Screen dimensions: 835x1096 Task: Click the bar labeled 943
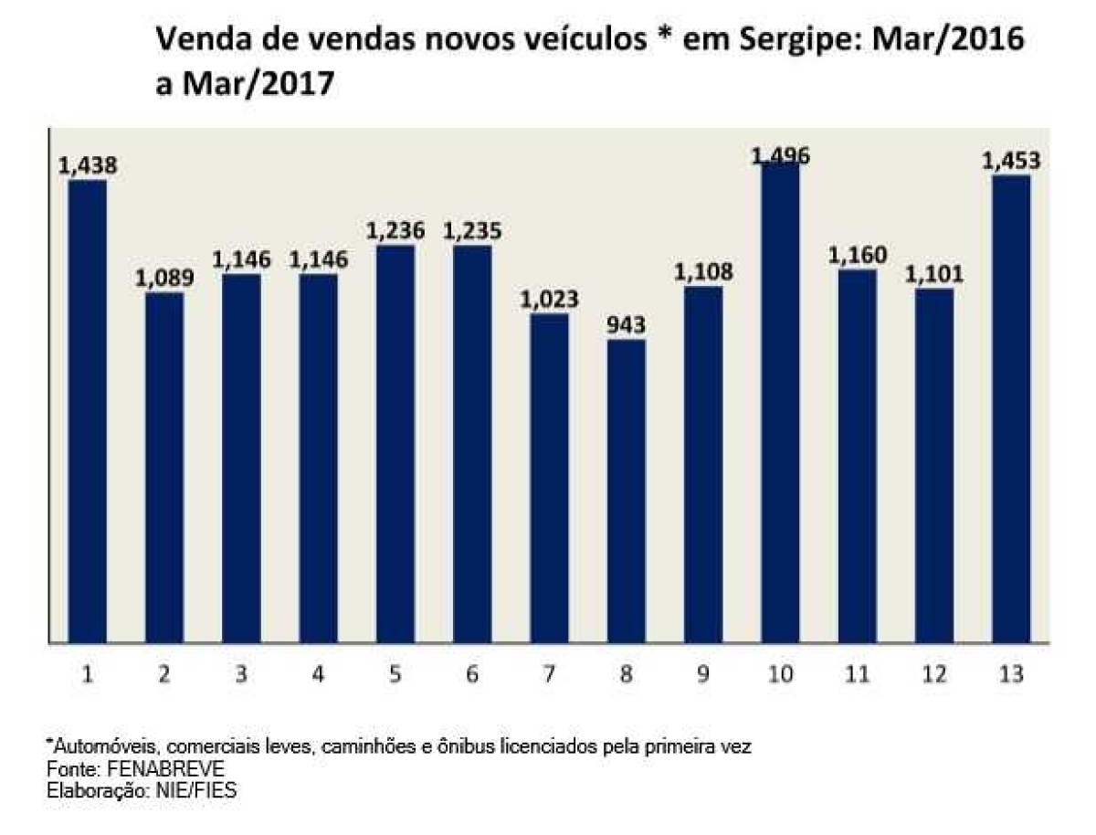[626, 491]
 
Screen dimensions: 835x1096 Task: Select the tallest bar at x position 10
[779, 402]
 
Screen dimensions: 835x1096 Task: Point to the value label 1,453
[1011, 161]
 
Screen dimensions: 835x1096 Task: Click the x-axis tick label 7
[549, 675]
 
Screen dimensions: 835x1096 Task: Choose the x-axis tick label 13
[1011, 675]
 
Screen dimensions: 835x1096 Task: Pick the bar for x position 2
[164, 468]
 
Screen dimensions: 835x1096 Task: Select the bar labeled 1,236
[395, 444]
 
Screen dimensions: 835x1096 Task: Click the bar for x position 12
[933, 466]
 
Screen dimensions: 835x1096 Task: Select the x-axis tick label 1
[88, 675]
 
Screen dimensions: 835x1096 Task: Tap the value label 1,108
[702, 272]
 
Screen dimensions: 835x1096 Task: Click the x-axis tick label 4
[318, 675]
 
